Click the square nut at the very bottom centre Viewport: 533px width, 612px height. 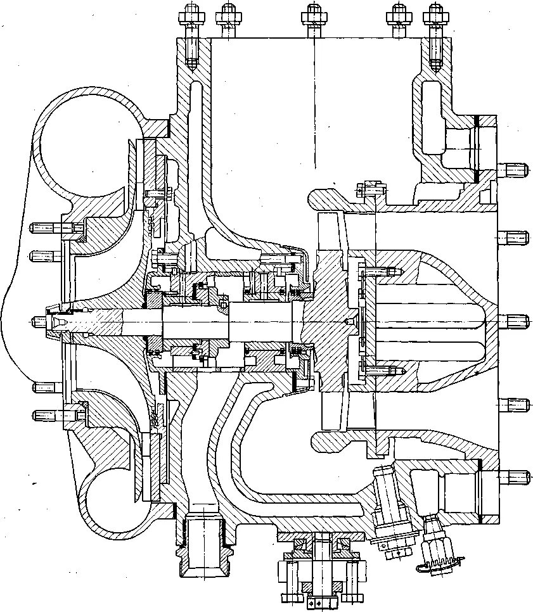point(315,601)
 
